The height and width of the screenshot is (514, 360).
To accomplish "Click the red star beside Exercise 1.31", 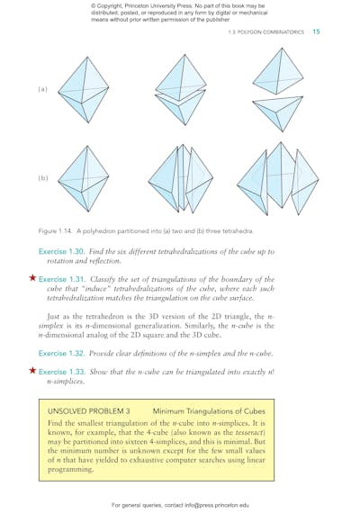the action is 33,279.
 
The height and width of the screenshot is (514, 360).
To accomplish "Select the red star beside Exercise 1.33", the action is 33,370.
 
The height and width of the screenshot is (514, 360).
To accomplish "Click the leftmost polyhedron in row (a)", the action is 83,91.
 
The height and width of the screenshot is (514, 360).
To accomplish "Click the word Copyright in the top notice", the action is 113,8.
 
